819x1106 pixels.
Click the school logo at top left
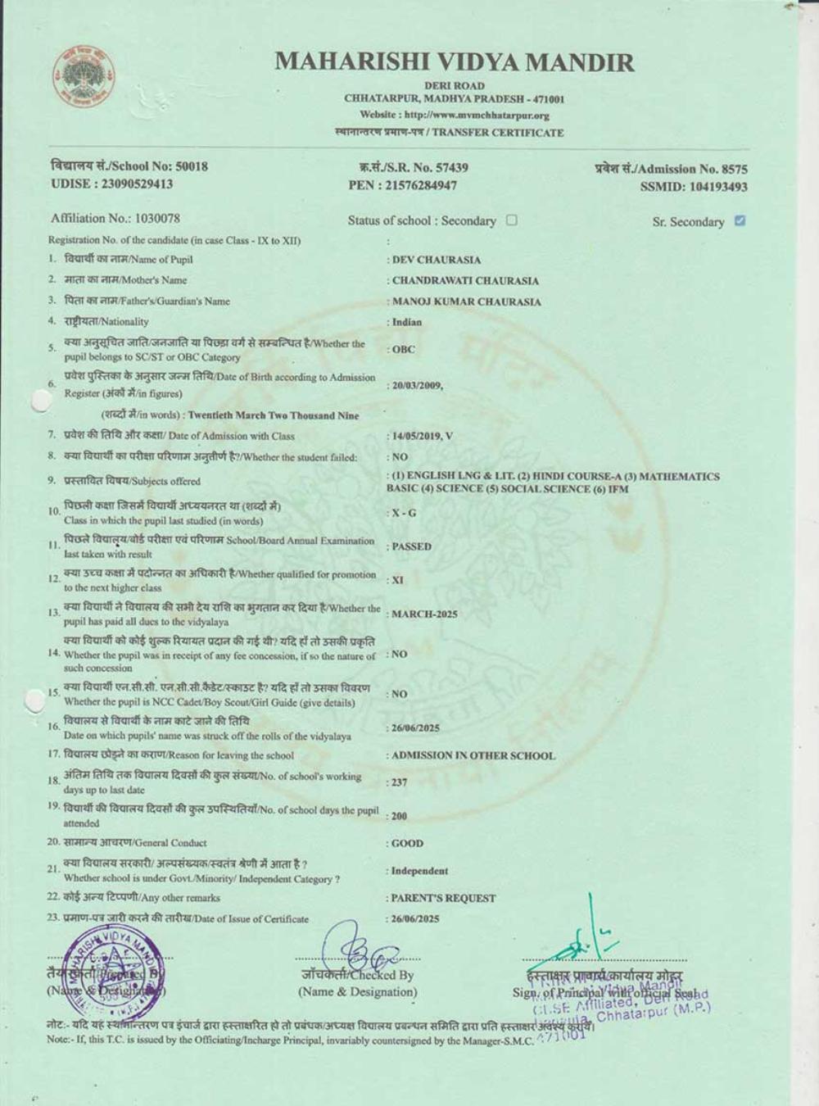point(84,79)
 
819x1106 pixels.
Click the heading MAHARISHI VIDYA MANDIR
point(455,61)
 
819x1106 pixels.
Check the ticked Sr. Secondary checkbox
point(740,220)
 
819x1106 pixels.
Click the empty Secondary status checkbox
point(512,220)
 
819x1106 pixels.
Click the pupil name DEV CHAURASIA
point(437,260)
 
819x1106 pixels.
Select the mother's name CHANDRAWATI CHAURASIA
point(465,280)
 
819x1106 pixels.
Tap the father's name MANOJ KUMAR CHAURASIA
point(466,301)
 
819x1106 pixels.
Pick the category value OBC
point(404,349)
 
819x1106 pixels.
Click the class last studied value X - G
point(404,513)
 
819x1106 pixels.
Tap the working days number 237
point(399,782)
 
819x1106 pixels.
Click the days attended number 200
point(399,816)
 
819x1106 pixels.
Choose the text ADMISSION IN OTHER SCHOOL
point(473,755)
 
